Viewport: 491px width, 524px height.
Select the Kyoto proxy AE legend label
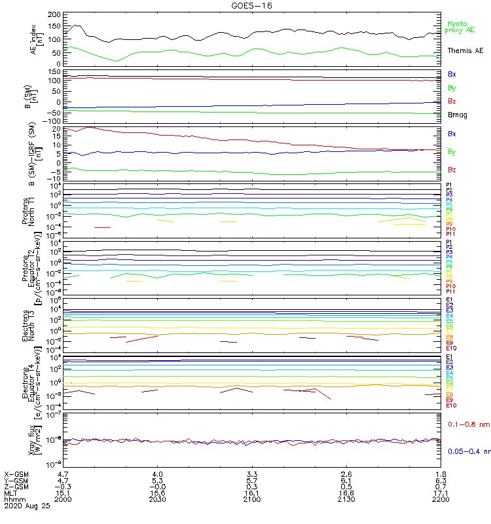click(461, 27)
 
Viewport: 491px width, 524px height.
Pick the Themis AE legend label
click(465, 50)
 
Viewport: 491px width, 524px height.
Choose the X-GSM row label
click(16, 474)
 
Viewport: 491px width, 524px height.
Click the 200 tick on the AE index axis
click(55, 14)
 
